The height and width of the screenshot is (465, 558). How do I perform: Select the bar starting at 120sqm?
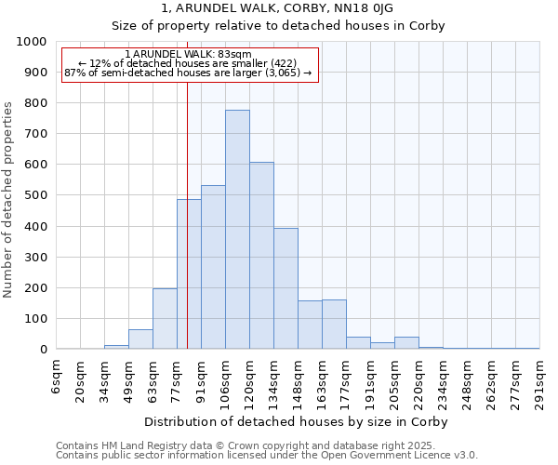coord(261,256)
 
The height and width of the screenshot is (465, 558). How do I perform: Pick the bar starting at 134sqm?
coord(286,289)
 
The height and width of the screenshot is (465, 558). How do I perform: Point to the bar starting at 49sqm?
coord(140,339)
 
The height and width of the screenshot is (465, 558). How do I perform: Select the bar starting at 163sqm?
coord(334,325)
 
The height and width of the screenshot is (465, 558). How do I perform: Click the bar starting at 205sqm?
coord(406,343)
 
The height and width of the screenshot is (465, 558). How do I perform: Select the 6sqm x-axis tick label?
coord(57,377)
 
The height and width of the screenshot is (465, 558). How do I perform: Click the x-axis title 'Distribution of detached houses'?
coord(296,422)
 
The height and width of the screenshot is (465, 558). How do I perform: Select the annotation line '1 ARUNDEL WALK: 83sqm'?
coord(189,55)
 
